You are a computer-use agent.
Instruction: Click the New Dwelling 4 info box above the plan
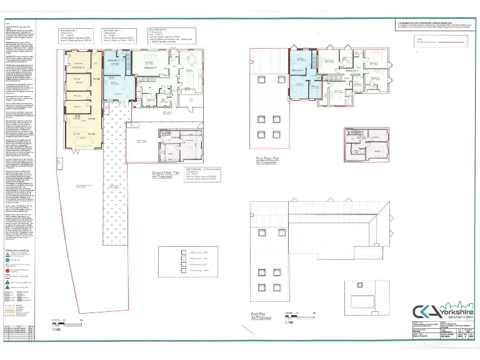(174, 36)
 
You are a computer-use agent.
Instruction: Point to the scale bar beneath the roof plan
(292, 313)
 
